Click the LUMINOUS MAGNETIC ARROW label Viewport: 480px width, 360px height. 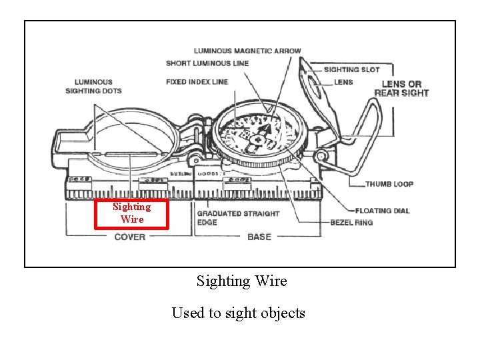tap(247, 51)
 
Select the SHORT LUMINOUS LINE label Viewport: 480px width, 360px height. tap(207, 63)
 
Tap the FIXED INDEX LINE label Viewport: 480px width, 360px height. tap(197, 82)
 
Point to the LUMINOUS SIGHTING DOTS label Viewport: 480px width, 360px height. tap(93, 87)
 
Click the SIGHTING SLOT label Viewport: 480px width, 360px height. tap(351, 69)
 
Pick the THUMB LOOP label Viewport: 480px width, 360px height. tap(389, 184)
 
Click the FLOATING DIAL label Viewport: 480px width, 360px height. tap(383, 211)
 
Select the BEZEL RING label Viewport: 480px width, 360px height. tap(351, 222)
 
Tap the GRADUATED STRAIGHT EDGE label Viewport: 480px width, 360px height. tap(238, 218)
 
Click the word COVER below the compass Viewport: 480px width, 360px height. tap(130, 237)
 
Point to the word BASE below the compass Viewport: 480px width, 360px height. tap(259, 237)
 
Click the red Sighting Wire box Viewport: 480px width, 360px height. tap(131, 213)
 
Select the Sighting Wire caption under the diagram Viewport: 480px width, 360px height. tap(241, 281)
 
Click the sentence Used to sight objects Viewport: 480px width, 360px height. tap(238, 313)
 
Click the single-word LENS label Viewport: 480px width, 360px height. tap(344, 82)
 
